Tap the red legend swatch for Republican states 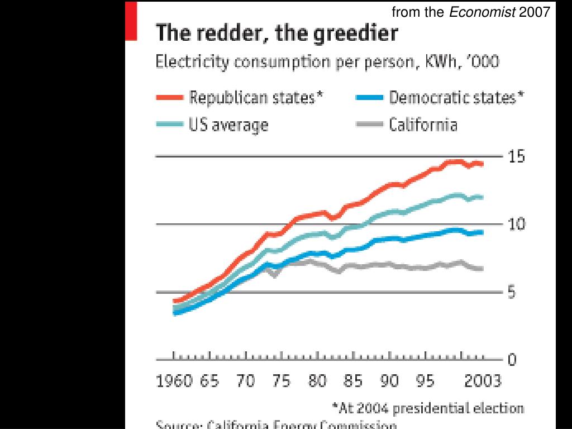[x=169, y=98]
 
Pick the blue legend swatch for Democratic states [x=369, y=98]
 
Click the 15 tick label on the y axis [x=516, y=157]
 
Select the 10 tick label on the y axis [x=516, y=225]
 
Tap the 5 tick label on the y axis [x=512, y=292]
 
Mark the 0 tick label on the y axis [x=512, y=360]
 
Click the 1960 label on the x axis [x=174, y=382]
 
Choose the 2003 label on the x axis [x=483, y=382]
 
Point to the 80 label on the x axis [x=317, y=382]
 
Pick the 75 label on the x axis [x=281, y=382]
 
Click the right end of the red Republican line [x=482, y=164]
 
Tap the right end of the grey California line [x=482, y=269]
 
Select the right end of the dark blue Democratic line [x=482, y=232]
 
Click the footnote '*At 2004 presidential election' [x=428, y=408]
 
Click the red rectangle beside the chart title [x=131, y=21]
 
